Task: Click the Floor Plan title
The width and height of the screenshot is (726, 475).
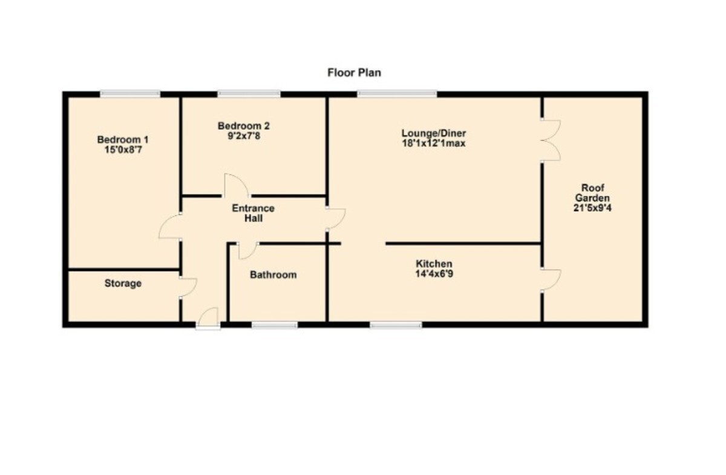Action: click(355, 73)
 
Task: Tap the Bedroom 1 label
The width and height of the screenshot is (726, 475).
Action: click(123, 139)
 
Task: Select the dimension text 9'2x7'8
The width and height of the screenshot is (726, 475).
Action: click(244, 136)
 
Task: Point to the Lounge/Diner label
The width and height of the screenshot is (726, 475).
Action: click(434, 133)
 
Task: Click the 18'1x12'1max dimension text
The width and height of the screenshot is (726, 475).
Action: click(434, 143)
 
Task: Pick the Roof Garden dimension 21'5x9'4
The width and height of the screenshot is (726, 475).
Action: click(592, 208)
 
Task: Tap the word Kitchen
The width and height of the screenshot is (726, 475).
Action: click(434, 264)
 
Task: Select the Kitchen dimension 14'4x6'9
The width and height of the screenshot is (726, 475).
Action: click(434, 274)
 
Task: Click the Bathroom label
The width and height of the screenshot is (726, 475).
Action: click(273, 274)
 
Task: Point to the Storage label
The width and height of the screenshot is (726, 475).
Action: click(123, 283)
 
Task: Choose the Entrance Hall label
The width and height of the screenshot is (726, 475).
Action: click(253, 213)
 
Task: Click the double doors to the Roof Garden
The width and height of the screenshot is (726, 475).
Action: click(551, 141)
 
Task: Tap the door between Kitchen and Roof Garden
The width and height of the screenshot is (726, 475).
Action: click(551, 279)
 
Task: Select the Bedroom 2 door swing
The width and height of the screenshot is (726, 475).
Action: click(237, 185)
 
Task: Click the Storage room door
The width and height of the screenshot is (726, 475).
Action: click(188, 288)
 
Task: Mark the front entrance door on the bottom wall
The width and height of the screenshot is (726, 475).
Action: click(208, 318)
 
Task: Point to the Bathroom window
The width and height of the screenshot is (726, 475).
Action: click(275, 325)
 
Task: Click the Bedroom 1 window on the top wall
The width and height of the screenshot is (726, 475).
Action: click(130, 93)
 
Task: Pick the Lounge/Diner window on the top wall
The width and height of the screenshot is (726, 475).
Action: click(397, 93)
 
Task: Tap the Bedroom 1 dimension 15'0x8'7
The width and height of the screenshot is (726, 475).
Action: click(123, 150)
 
